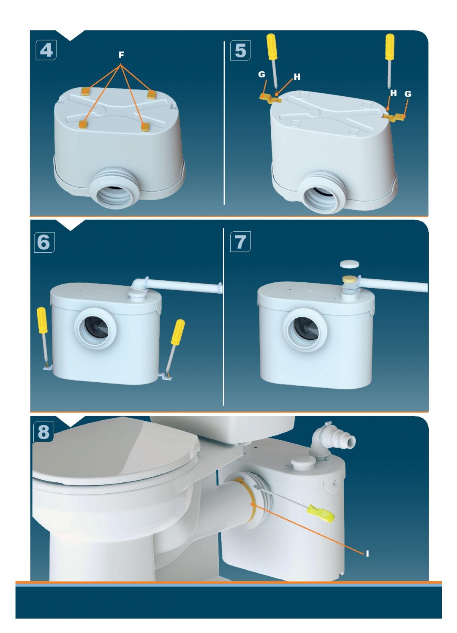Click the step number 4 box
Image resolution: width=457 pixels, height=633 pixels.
(x=46, y=50)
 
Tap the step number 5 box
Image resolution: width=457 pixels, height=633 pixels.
(x=240, y=50)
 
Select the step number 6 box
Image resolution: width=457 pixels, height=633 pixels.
(x=44, y=242)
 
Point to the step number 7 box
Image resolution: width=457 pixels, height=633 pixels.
(x=240, y=242)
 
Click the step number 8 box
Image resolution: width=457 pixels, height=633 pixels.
(x=44, y=432)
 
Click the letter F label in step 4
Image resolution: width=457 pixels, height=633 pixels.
(x=121, y=55)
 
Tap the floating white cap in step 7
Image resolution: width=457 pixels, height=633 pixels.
(x=350, y=265)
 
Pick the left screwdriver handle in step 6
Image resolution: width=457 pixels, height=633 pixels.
(x=42, y=320)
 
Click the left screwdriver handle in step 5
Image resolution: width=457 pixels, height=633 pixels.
(x=272, y=47)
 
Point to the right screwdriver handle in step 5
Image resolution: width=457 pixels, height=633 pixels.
(x=390, y=47)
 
